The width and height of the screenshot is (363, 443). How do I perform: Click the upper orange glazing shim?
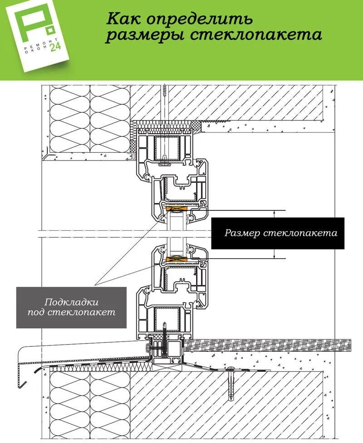coord(177,209)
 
